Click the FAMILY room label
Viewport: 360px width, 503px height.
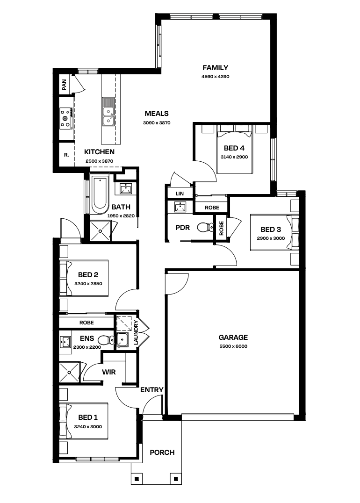pos(215,68)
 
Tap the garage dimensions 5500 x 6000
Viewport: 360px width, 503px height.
pos(233,346)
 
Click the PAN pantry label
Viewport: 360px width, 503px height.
pos(64,84)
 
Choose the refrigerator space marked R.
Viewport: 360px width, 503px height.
pos(66,155)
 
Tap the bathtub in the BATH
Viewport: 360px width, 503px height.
pos(100,194)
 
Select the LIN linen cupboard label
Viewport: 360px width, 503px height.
pos(180,194)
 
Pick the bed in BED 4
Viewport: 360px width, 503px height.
pos(234,149)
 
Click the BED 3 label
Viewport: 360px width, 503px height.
pos(271,230)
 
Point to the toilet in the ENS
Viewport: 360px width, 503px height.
pos(105,340)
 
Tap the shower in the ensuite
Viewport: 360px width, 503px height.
pos(69,372)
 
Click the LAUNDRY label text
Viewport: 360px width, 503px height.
pos(136,333)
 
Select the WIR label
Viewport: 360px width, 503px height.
pos(109,372)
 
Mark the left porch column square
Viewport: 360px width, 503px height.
pos(137,479)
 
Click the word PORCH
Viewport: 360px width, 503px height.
pos(162,453)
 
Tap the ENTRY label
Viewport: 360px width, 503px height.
pos(152,390)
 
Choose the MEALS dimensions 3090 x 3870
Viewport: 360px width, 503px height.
pos(157,122)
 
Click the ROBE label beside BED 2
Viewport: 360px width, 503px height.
pos(86,323)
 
